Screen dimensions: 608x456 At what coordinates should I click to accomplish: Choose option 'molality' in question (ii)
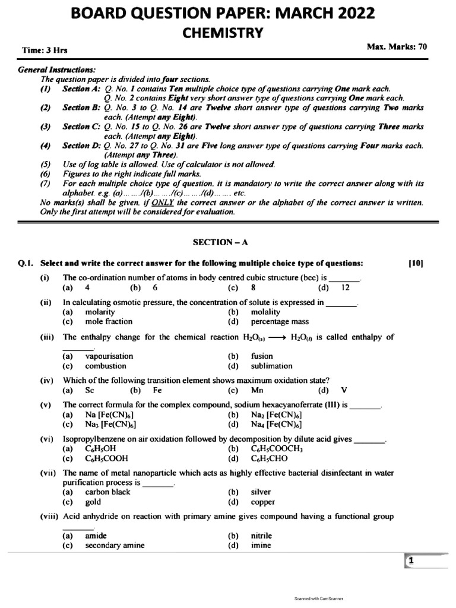(x=265, y=312)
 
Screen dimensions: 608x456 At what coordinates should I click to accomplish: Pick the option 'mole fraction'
(x=109, y=321)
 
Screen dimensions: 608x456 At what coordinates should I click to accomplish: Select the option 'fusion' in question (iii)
(x=262, y=356)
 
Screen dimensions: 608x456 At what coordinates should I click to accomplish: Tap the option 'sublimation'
(x=271, y=366)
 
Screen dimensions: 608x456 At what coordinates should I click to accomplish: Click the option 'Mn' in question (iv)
(x=256, y=390)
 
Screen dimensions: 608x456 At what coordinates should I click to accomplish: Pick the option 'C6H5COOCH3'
(x=277, y=449)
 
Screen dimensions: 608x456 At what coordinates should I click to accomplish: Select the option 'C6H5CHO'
(x=273, y=458)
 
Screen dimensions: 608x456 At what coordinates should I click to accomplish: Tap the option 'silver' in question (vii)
(x=261, y=492)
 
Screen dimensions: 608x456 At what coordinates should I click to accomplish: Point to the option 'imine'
(x=261, y=545)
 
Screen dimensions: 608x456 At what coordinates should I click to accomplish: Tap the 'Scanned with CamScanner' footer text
(x=319, y=598)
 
